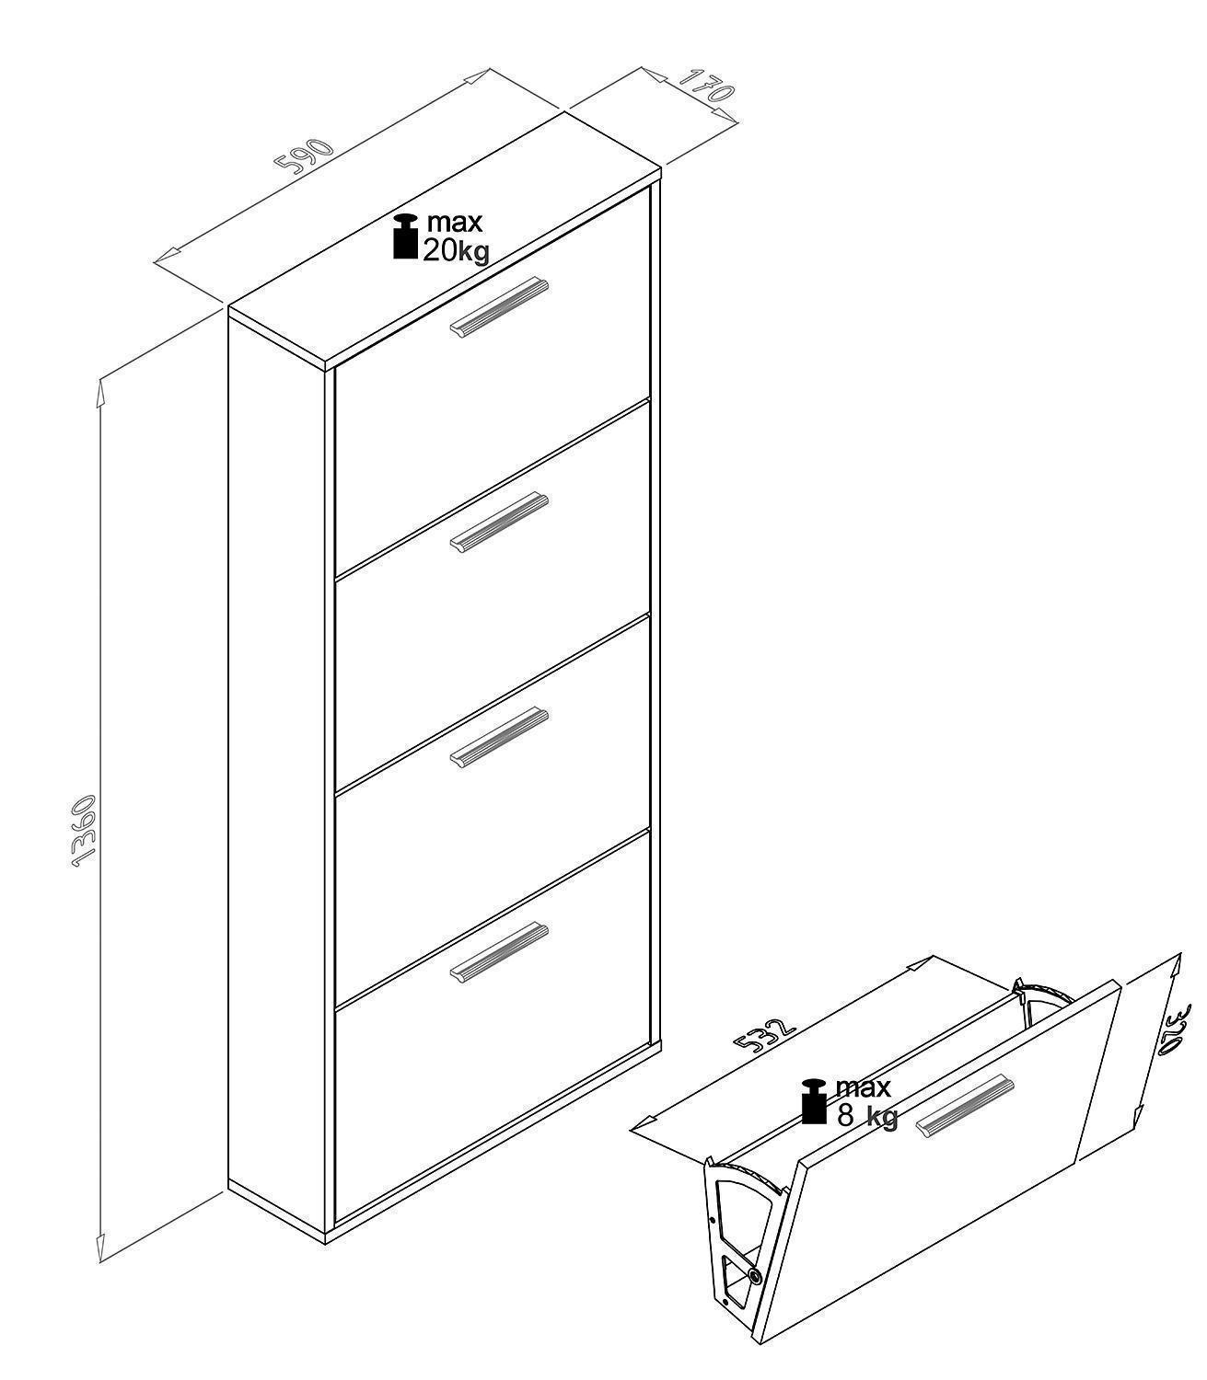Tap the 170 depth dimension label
coord(705,85)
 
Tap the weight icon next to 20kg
coord(406,236)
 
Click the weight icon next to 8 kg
coord(814,1100)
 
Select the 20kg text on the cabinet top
coord(457,251)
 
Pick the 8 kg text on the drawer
coord(867,1117)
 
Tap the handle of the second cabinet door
coord(499,522)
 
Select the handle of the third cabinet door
coord(499,738)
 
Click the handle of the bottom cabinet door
coord(499,953)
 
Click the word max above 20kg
coord(455,222)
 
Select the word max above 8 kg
coord(864,1088)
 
